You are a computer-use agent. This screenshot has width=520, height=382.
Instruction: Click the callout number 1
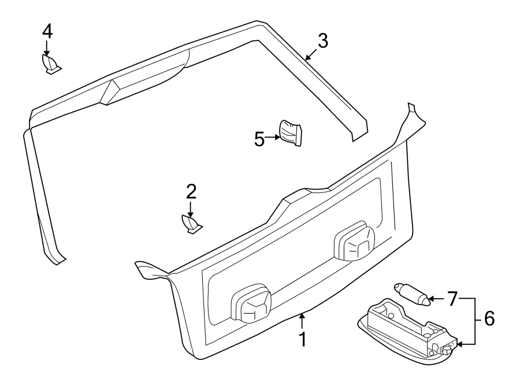click(302, 339)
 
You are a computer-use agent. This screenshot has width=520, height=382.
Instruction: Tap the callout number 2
click(191, 191)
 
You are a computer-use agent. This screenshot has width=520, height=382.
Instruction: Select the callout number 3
click(322, 40)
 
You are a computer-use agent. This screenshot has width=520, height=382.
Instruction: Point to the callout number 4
click(47, 31)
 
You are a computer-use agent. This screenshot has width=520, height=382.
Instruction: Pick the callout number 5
click(259, 139)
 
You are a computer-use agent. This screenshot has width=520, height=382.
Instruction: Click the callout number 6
click(489, 318)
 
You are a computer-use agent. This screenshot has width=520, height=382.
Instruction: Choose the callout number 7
click(452, 299)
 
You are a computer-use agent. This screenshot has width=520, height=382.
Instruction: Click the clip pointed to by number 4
click(50, 64)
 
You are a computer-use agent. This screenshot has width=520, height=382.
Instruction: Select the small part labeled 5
click(291, 132)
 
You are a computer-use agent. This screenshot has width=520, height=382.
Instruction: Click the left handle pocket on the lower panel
click(251, 303)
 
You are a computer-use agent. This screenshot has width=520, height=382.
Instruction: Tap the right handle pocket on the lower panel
click(354, 242)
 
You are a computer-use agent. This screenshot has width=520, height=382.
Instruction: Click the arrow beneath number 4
click(47, 49)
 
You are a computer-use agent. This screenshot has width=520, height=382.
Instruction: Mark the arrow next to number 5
click(273, 138)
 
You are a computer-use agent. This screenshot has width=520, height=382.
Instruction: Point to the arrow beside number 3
click(311, 55)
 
